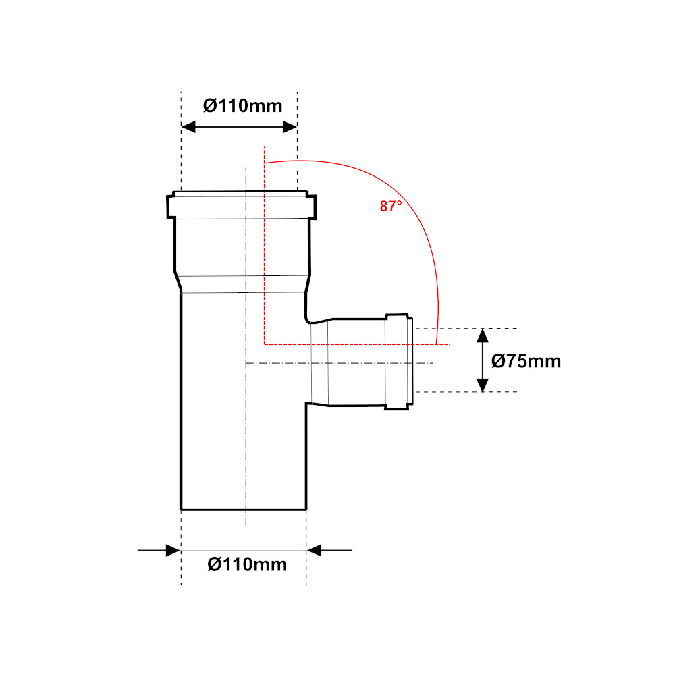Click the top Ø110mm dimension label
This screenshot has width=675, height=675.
242,106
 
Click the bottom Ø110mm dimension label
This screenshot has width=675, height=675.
247,564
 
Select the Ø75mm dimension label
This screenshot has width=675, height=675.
526,361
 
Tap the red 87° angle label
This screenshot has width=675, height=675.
390,206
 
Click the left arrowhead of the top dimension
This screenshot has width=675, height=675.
188,127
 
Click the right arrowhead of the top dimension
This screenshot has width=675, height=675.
290,127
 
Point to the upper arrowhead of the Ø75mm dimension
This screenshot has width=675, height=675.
483,335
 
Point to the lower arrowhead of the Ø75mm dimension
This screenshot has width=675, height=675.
483,385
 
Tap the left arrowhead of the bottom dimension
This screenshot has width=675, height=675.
173,550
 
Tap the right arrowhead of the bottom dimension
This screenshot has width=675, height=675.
315,550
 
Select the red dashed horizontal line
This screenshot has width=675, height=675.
357,344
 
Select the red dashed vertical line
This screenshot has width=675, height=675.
265,246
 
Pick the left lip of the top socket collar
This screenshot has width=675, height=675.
171,207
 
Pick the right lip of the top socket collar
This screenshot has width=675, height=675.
312,207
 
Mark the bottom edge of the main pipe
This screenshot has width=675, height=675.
244,510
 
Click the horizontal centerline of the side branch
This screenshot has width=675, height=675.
340,363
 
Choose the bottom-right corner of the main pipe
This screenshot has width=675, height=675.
306,510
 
